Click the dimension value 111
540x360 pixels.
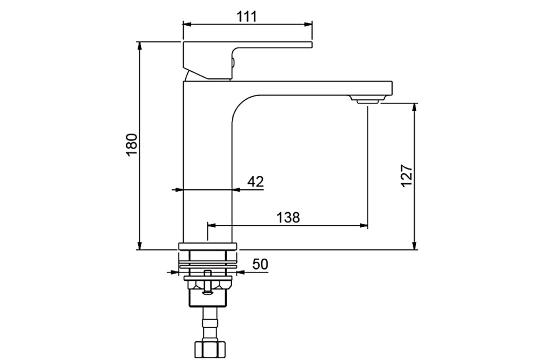pos(247,17)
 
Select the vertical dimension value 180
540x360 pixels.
pos(132,145)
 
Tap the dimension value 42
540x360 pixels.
pos(256,181)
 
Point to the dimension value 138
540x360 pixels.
pos(288,217)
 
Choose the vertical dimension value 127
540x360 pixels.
pos(407,176)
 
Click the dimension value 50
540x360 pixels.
pos(260,264)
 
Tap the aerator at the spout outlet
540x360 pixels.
pos(368,99)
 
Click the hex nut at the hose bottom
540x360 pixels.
pos(210,350)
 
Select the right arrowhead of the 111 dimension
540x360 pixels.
pos(308,24)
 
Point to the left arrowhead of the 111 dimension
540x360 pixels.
pos(187,24)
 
